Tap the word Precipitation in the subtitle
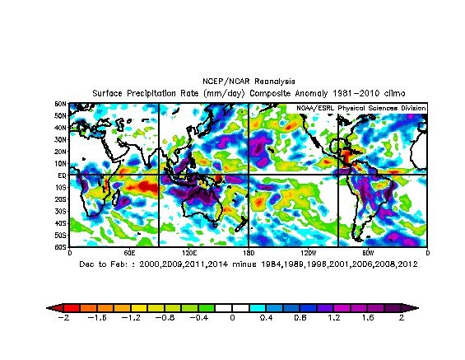click(x=165, y=93)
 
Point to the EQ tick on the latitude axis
click(x=61, y=175)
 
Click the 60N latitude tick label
click(x=61, y=104)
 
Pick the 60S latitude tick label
click(x=61, y=246)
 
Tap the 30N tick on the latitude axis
click(x=61, y=139)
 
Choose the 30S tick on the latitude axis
click(x=61, y=211)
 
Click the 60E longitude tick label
click(x=129, y=252)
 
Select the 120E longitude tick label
click(x=188, y=252)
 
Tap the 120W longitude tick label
click(x=308, y=252)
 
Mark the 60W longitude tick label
click(x=368, y=252)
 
